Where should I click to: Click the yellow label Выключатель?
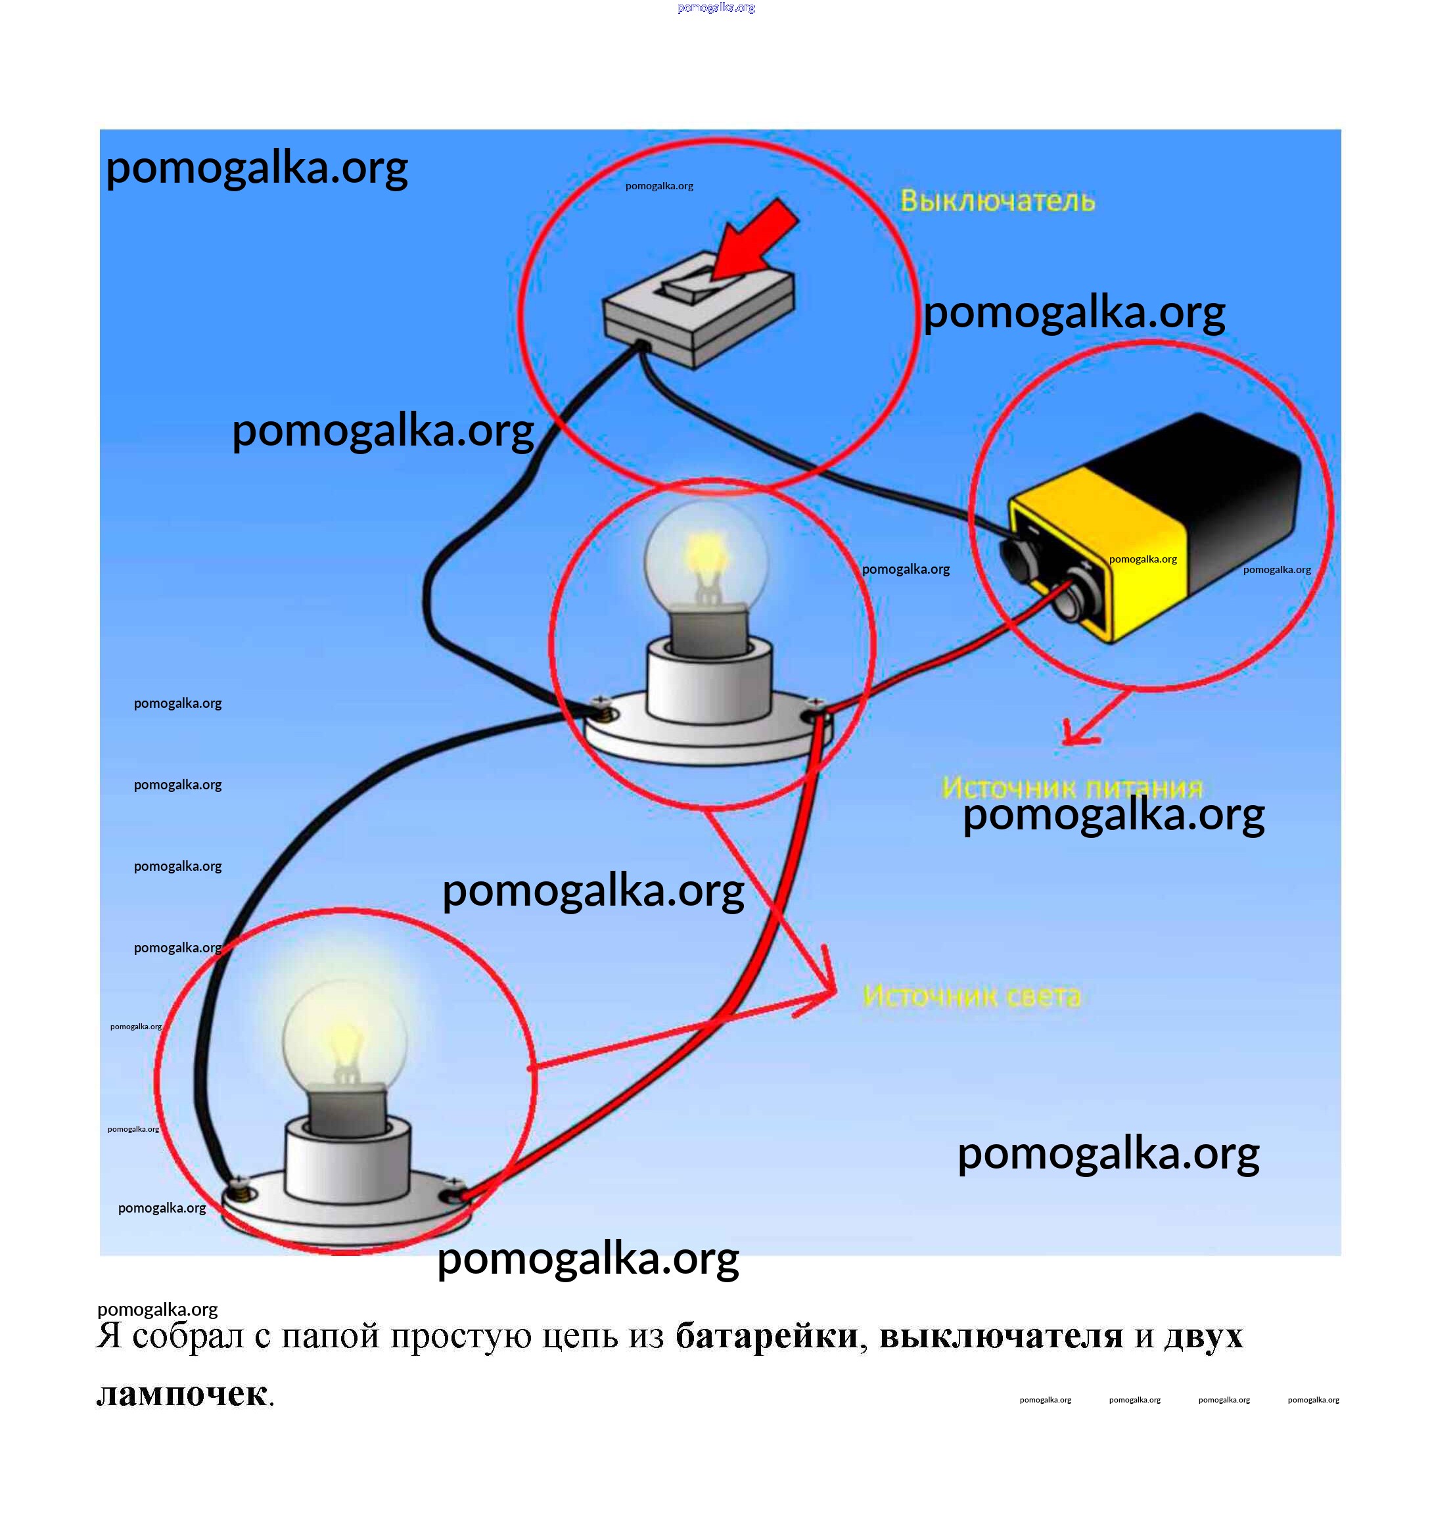(x=997, y=201)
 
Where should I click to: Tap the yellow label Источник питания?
(x=1071, y=787)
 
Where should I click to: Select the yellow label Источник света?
(x=972, y=996)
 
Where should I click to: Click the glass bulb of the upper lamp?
(x=706, y=553)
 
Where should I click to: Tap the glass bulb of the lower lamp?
(x=344, y=1034)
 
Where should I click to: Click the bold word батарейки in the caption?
(x=766, y=1336)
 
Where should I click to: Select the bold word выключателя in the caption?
(x=1000, y=1336)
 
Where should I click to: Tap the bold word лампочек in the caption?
(x=182, y=1394)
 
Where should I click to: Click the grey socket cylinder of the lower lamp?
(x=348, y=1161)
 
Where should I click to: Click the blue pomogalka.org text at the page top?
(x=716, y=8)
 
